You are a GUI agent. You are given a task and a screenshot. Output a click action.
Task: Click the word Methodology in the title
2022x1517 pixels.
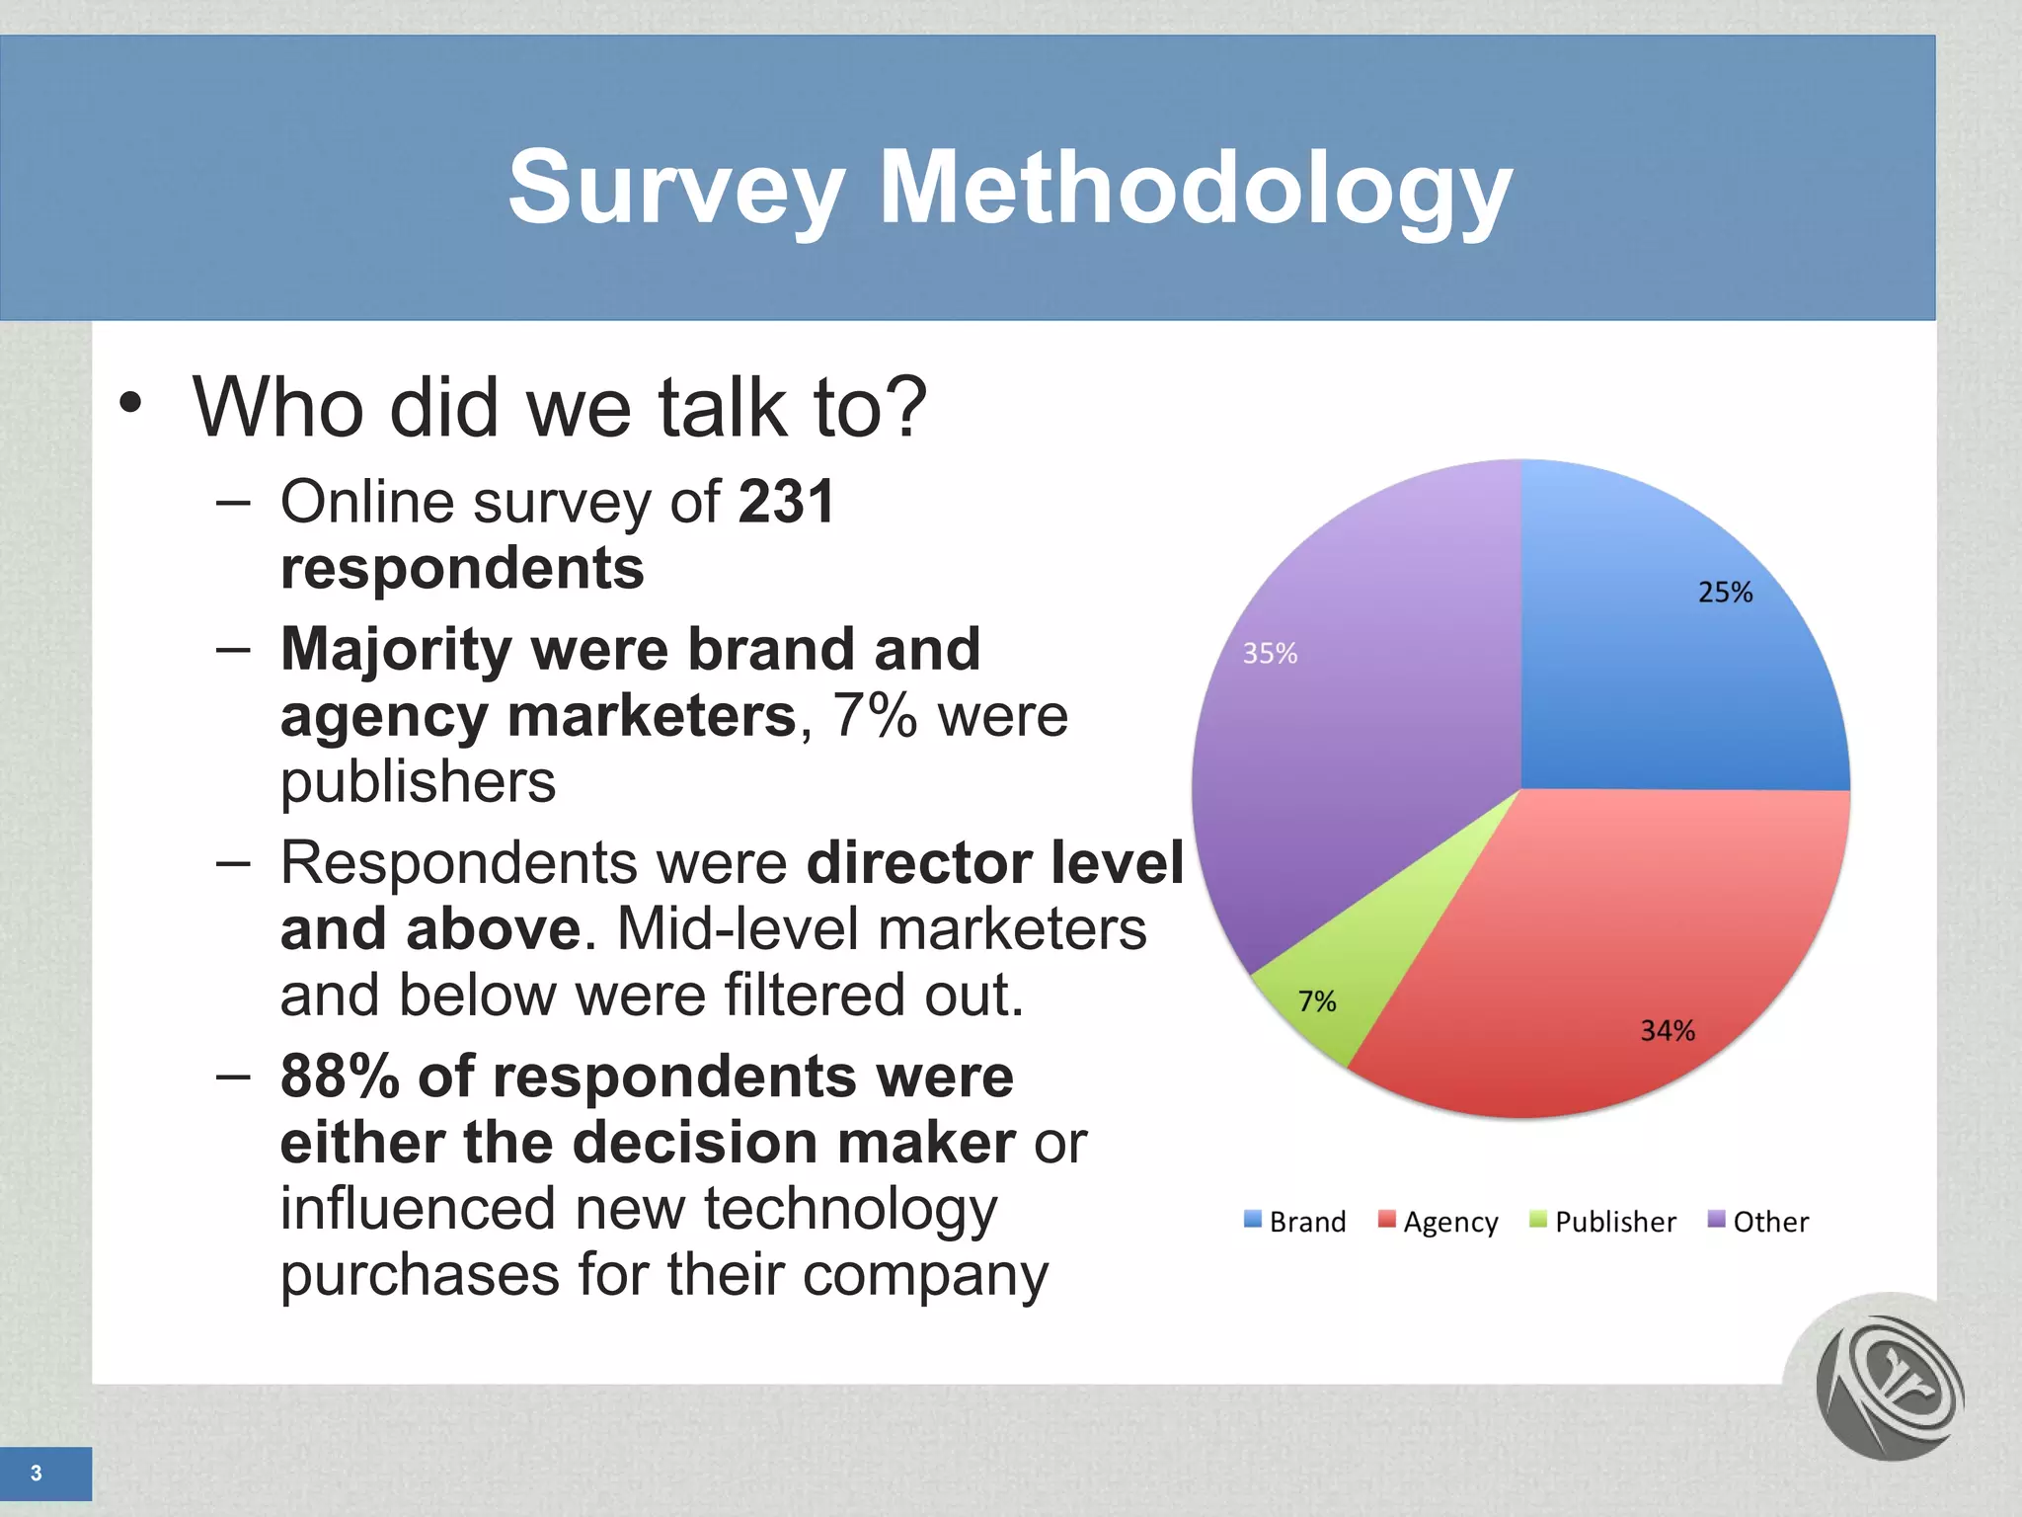click(x=1195, y=188)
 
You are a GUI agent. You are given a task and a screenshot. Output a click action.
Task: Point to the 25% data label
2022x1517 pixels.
click(x=1725, y=593)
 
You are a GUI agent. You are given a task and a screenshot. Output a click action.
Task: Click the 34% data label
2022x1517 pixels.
click(x=1668, y=1031)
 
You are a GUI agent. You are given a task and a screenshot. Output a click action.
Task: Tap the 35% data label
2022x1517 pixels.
click(x=1270, y=654)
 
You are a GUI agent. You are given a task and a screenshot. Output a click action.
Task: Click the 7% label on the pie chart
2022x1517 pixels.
click(x=1317, y=1001)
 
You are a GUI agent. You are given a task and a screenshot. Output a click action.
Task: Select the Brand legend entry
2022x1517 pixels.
click(x=1295, y=1222)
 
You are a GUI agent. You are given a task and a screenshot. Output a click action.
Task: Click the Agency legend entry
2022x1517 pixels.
click(x=1439, y=1222)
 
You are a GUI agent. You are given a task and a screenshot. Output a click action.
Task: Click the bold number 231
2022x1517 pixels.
click(x=787, y=502)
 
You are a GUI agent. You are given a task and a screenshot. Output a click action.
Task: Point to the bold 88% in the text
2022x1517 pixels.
click(x=340, y=1077)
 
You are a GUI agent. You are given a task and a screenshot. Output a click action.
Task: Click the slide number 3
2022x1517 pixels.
click(x=37, y=1474)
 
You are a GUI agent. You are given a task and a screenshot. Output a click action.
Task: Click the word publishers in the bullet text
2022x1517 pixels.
click(x=418, y=782)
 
